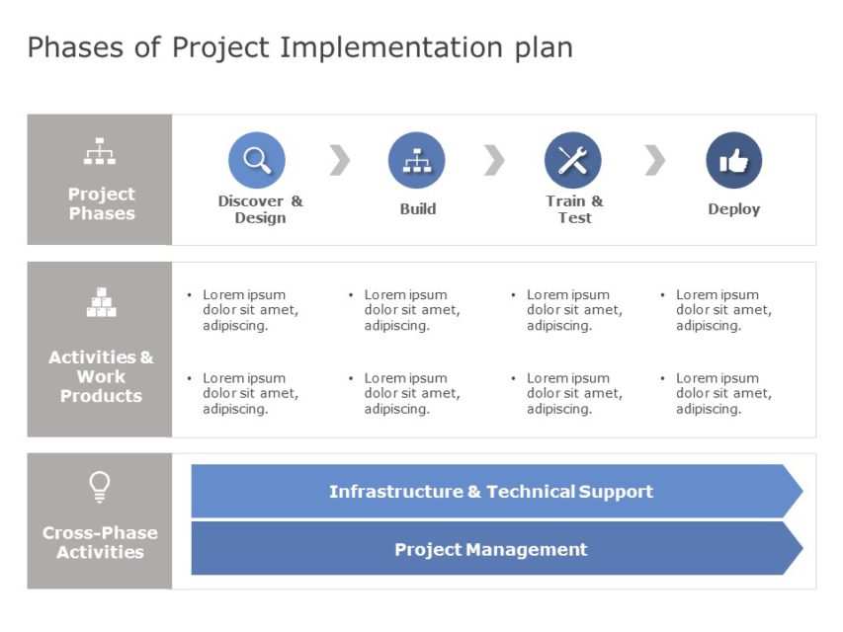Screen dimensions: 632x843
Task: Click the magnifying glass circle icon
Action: click(257, 160)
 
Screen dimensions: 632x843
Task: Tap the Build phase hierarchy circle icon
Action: click(417, 160)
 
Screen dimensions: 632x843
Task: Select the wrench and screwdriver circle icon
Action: click(573, 160)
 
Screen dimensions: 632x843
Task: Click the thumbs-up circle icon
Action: click(734, 160)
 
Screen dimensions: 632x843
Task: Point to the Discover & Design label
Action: click(260, 209)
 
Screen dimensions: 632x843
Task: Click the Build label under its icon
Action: click(418, 209)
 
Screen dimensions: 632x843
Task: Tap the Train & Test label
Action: click(574, 209)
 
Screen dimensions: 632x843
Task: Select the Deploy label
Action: click(734, 209)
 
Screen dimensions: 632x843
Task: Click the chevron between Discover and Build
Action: click(339, 160)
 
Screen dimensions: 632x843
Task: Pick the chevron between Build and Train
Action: click(494, 160)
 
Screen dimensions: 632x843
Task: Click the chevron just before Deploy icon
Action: click(654, 160)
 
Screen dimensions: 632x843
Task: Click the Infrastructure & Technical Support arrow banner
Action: click(491, 492)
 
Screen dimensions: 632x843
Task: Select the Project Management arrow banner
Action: click(491, 550)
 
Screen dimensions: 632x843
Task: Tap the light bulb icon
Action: click(100, 486)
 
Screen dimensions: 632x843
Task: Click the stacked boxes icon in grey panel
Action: click(101, 302)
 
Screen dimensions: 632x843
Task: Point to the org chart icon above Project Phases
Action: click(100, 152)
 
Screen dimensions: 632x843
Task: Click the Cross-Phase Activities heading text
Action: click(100, 542)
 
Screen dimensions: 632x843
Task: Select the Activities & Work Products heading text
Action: click(101, 376)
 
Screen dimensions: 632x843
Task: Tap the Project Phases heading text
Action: click(102, 203)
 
